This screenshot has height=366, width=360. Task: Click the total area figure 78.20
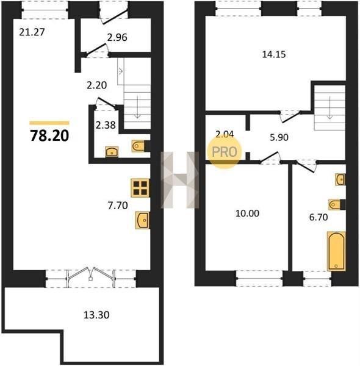(x=49, y=136)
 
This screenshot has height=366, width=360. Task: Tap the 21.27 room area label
(x=32, y=32)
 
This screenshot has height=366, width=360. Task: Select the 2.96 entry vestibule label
(x=117, y=37)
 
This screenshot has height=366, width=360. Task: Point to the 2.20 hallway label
(x=96, y=85)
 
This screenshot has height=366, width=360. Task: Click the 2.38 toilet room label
(x=106, y=125)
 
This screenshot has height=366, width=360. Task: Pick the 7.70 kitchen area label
(x=118, y=206)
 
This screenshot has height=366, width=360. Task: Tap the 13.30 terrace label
(x=96, y=315)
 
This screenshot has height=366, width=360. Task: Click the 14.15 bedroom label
(x=274, y=54)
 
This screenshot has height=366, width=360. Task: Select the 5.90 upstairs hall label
(x=279, y=137)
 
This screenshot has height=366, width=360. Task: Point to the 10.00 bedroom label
(x=247, y=213)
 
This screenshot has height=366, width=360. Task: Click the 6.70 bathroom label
(x=319, y=217)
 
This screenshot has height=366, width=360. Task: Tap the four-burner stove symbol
(x=140, y=188)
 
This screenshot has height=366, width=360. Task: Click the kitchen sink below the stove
(x=142, y=220)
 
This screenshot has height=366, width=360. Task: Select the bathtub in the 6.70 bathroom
(x=336, y=251)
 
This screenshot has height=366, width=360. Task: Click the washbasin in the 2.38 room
(x=112, y=152)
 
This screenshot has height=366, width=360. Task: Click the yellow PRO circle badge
(x=224, y=152)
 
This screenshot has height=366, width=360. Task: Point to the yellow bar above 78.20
(x=49, y=123)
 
